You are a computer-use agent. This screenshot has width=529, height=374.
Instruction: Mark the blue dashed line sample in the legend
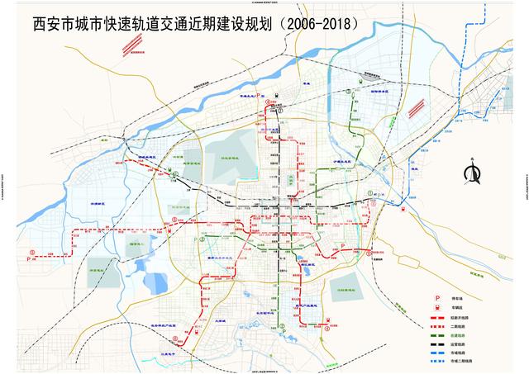click(x=438, y=360)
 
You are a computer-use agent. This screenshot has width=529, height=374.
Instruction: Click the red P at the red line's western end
click(x=31, y=258)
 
